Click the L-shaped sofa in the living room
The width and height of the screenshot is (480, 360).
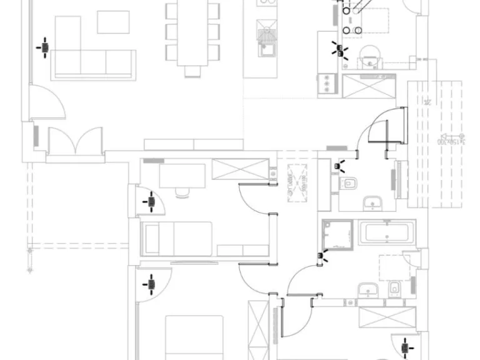[94, 62]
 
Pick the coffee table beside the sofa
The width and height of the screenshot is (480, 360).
[113, 22]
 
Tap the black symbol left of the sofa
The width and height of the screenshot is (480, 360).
[44, 47]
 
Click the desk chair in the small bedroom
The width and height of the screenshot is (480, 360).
[182, 192]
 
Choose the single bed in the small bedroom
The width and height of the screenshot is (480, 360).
[178, 238]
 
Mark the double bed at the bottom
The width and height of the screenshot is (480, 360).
[194, 337]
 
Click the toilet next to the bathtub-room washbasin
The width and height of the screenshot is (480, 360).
[395, 290]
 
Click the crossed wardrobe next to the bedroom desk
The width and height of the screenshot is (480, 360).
[241, 169]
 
